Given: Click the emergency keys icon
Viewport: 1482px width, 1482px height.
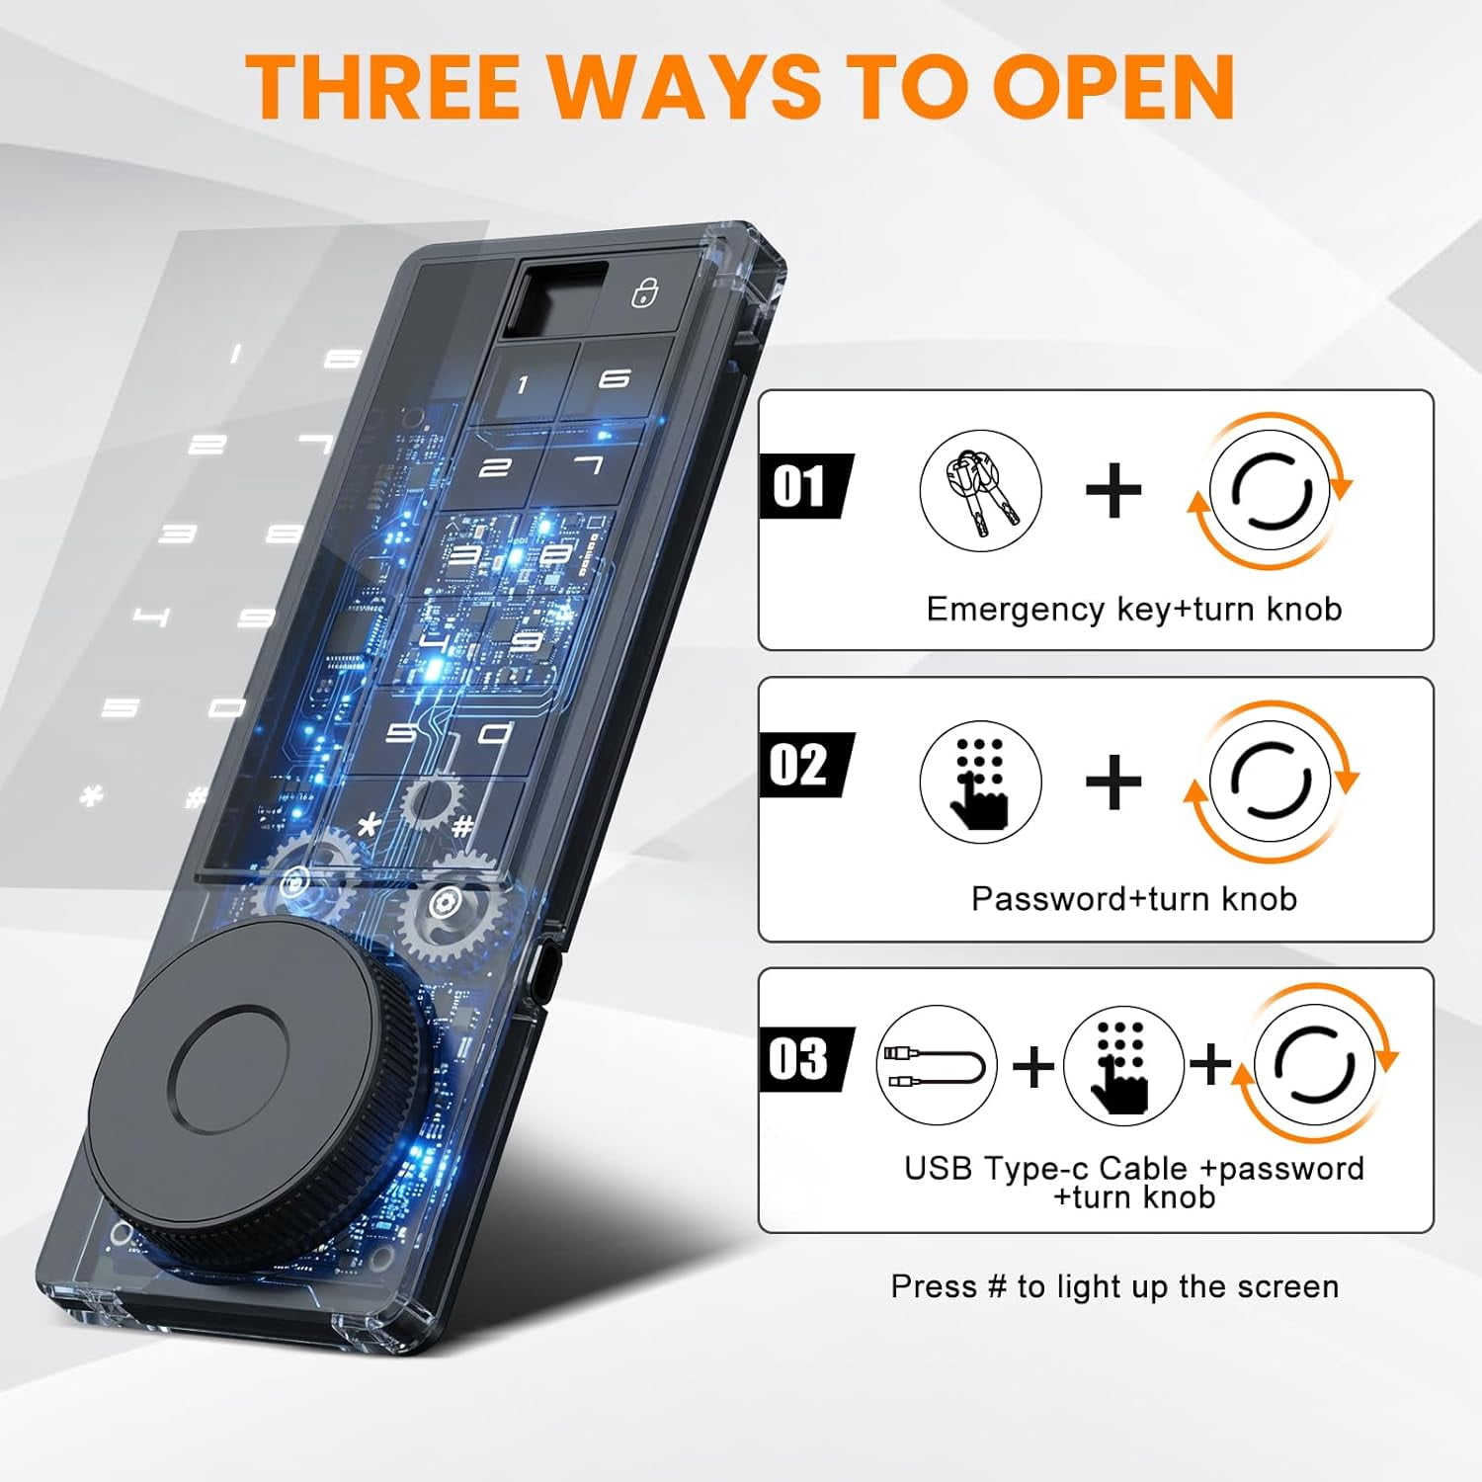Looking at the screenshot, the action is [x=980, y=490].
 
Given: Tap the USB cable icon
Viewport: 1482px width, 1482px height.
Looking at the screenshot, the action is [x=936, y=1065].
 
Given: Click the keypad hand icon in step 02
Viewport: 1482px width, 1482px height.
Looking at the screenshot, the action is [x=980, y=781].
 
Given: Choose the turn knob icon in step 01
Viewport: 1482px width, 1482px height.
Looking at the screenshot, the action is [x=1270, y=491].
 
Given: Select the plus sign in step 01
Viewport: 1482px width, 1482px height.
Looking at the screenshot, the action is [x=1113, y=490].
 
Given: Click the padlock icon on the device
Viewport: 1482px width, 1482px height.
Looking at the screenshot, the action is [x=645, y=291].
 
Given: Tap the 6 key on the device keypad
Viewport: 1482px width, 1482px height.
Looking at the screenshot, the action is [x=614, y=378].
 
